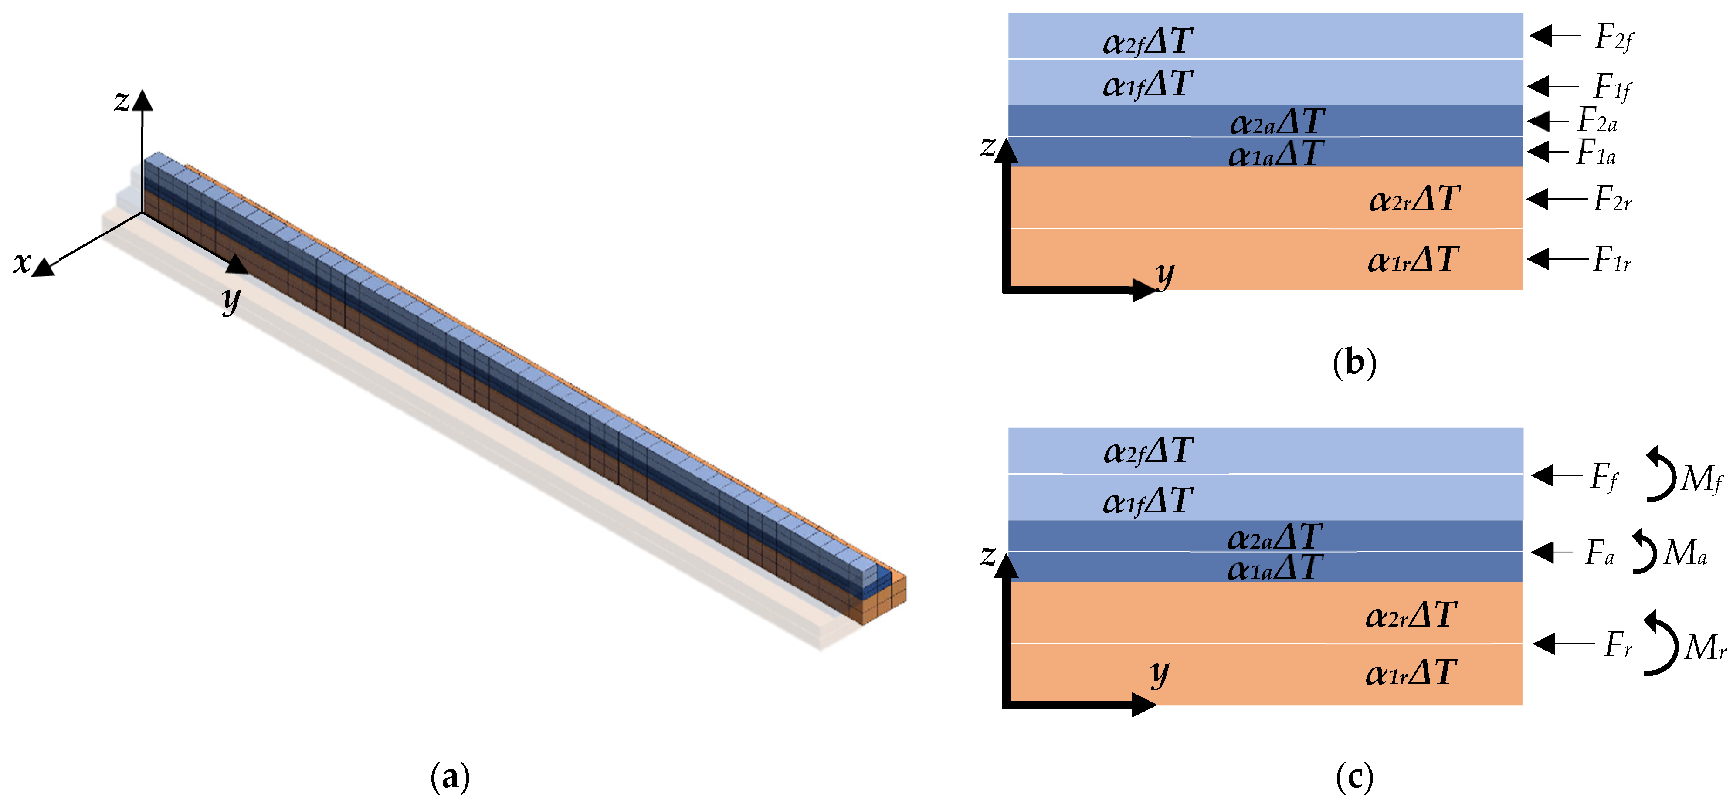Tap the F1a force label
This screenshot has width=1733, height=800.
point(1596,153)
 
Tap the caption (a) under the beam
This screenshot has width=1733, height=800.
point(449,777)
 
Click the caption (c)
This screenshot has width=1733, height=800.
point(1354,777)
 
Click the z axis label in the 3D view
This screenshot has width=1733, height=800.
point(122,101)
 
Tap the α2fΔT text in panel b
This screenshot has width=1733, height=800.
point(1148,42)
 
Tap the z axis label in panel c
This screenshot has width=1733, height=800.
point(987,556)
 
